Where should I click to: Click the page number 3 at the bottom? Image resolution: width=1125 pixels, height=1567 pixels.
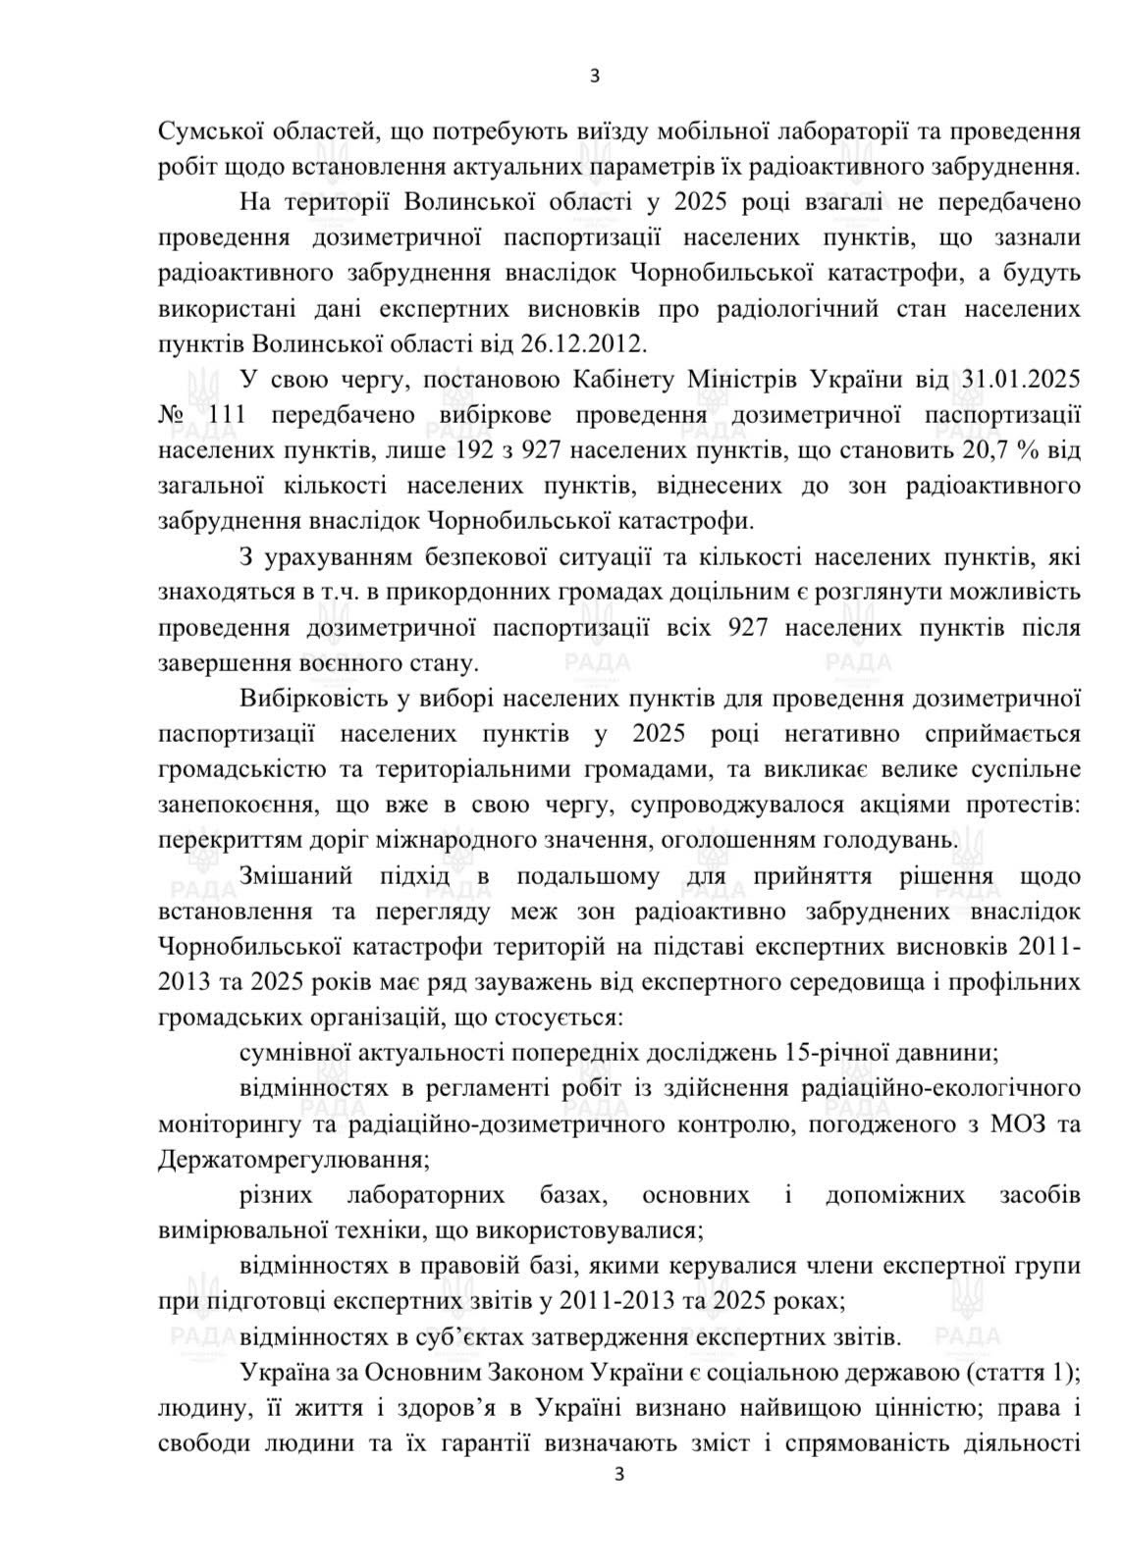pos(617,1501)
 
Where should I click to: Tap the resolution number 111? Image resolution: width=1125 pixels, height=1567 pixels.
pos(227,414)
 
